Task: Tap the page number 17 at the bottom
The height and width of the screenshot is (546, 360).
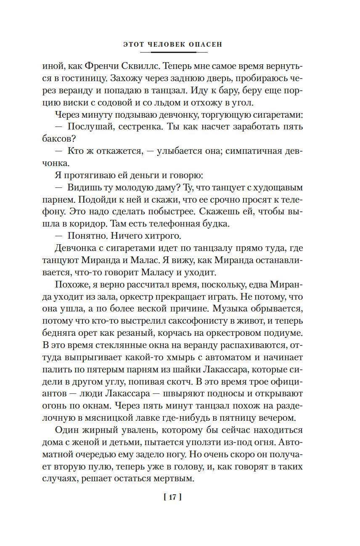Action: tap(172, 497)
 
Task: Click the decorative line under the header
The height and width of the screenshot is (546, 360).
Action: tap(173, 52)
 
